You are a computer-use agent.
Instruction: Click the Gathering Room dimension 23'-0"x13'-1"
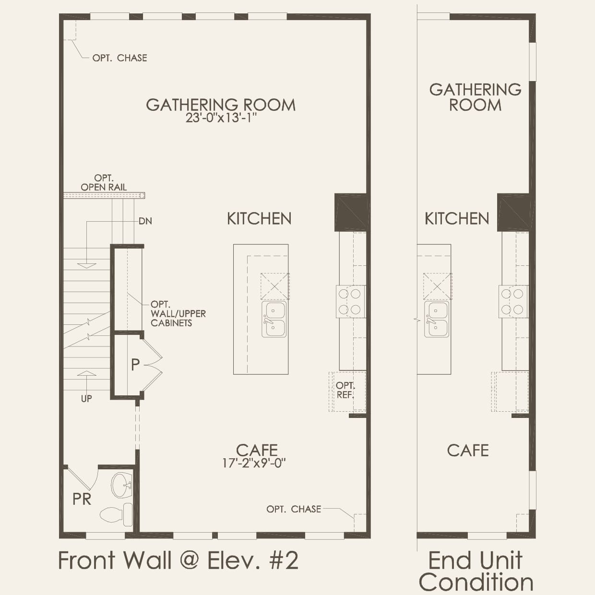click(x=221, y=118)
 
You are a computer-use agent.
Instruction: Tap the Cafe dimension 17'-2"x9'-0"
click(x=254, y=463)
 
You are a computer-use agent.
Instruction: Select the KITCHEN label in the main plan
click(x=259, y=219)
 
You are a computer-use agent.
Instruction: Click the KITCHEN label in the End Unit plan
click(x=457, y=219)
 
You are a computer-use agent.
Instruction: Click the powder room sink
click(x=120, y=485)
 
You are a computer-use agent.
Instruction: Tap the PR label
click(x=82, y=499)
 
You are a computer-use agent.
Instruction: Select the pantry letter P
click(x=135, y=365)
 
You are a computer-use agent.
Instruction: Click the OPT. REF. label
click(x=345, y=390)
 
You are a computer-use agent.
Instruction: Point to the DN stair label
click(x=145, y=221)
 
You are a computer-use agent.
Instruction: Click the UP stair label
click(x=86, y=398)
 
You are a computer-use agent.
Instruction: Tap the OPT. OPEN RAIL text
click(x=104, y=183)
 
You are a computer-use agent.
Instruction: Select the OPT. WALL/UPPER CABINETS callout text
click(x=178, y=313)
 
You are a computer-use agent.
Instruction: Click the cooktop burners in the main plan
click(x=350, y=301)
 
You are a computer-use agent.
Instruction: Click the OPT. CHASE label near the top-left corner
click(x=119, y=58)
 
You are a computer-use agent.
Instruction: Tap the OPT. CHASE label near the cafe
click(x=294, y=509)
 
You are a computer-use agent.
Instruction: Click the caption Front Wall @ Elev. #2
click(x=178, y=560)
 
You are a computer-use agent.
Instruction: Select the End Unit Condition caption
click(x=476, y=571)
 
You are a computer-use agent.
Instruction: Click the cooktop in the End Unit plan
click(x=513, y=301)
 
